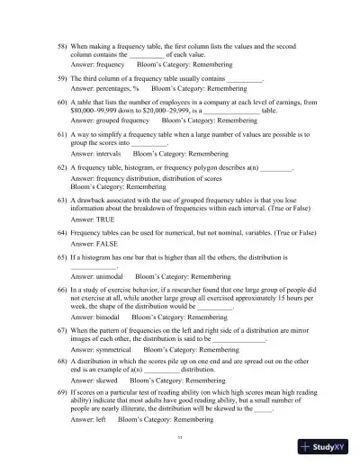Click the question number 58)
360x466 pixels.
62,44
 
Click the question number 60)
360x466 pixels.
62,103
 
